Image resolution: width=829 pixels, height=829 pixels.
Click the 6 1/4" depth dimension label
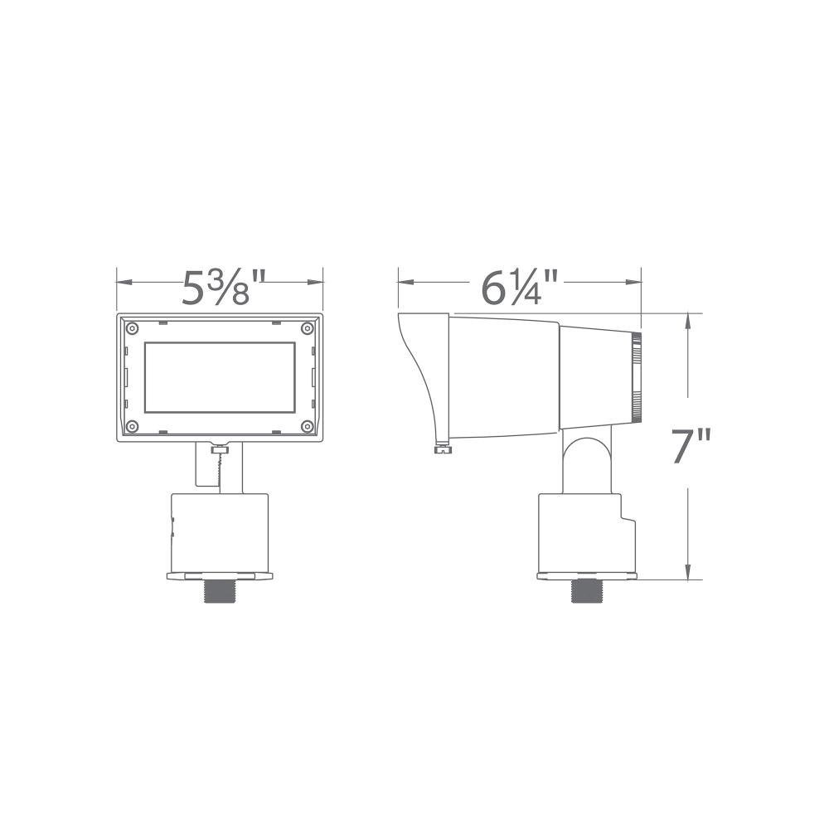[519, 287]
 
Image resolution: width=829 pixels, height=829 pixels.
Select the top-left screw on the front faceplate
[132, 328]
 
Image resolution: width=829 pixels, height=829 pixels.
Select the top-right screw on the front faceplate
[308, 328]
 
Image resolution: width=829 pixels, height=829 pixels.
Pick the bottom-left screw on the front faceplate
[132, 426]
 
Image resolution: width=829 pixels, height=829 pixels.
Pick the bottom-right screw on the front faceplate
[308, 426]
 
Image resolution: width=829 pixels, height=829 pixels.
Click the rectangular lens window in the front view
[220, 377]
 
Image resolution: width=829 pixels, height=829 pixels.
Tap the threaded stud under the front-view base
[220, 590]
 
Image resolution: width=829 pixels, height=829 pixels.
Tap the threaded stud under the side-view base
[588, 590]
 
